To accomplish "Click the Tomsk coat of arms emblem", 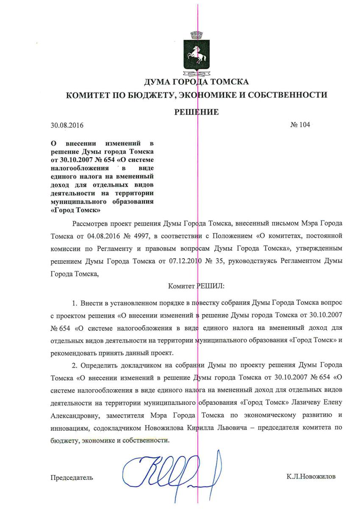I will point(196,55).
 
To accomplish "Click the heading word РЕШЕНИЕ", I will point(197,112).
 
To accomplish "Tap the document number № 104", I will point(300,125).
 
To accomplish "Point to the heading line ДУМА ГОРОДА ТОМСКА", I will point(197,82).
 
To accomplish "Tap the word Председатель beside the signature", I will point(72,477).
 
